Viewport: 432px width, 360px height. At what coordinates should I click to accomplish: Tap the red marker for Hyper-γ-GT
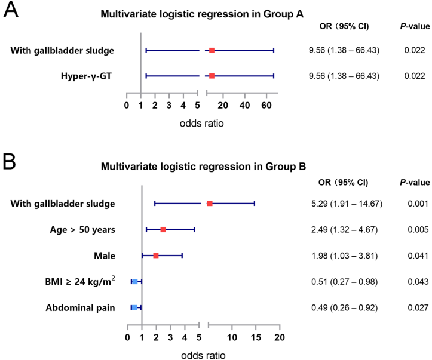[x=212, y=76]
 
